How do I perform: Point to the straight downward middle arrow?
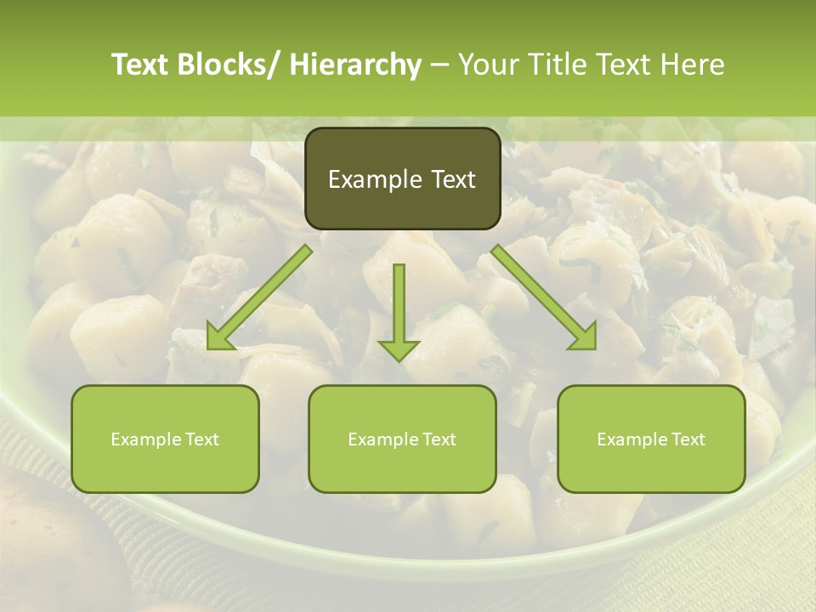pyautogui.click(x=399, y=306)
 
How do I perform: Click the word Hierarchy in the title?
pyautogui.click(x=355, y=65)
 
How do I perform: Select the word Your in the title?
pyautogui.click(x=488, y=65)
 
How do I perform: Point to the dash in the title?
pyautogui.click(x=439, y=65)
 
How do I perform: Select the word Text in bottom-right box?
pyautogui.click(x=687, y=439)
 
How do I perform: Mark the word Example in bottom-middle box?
pyautogui.click(x=377, y=439)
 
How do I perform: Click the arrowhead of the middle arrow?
pyautogui.click(x=399, y=349)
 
